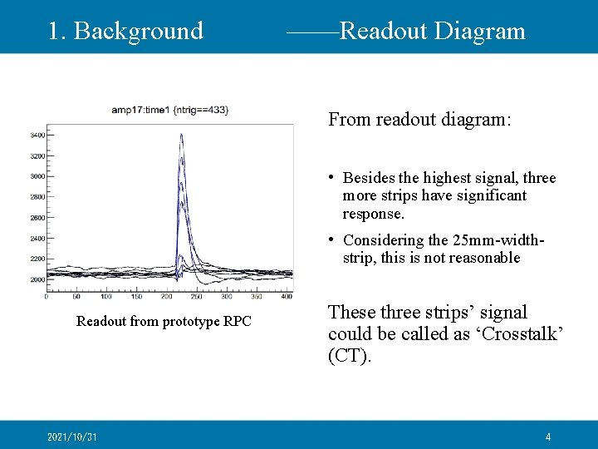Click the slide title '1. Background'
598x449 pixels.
point(125,31)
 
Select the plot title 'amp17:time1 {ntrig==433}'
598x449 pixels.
point(170,110)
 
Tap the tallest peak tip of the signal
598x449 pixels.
point(181,136)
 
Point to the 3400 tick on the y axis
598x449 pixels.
point(37,135)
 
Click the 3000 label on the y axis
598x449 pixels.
point(37,176)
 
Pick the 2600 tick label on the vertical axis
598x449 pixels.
point(37,218)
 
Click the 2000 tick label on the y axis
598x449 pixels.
point(37,280)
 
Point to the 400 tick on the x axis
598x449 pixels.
point(287,296)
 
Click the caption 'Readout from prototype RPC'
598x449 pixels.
point(164,321)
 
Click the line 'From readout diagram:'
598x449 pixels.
point(420,120)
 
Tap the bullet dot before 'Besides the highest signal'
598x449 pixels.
point(332,177)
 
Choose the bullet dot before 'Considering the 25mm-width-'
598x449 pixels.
point(332,239)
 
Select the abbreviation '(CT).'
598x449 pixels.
point(350,357)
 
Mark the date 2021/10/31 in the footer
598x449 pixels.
point(73,437)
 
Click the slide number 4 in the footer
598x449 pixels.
point(548,437)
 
